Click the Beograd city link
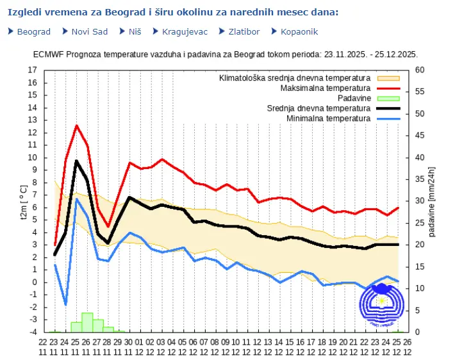(x=34, y=31)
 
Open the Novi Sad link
(x=89, y=31)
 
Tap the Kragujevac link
(x=185, y=31)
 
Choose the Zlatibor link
(x=243, y=31)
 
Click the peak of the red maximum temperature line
(x=77, y=126)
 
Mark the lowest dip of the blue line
(x=66, y=304)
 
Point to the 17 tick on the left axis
(x=33, y=70)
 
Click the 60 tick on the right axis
(x=420, y=70)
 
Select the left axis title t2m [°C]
(x=22, y=201)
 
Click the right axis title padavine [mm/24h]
(x=432, y=201)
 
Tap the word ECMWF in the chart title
(x=47, y=54)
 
